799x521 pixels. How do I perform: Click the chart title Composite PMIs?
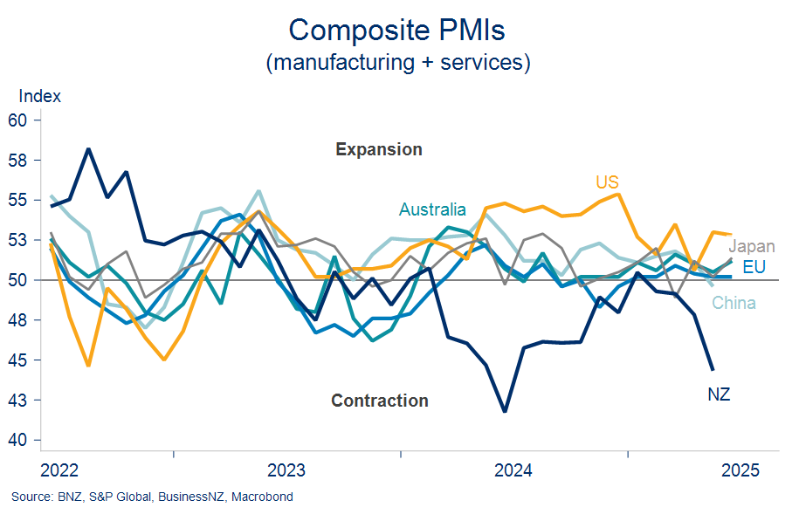pyautogui.click(x=397, y=30)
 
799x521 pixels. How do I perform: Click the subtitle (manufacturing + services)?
pyautogui.click(x=397, y=63)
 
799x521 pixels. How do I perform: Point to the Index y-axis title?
pyautogui.click(x=39, y=96)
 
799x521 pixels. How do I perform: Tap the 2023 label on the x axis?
pyautogui.click(x=286, y=471)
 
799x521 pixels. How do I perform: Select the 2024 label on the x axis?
pyautogui.click(x=513, y=471)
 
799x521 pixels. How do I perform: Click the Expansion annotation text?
pyautogui.click(x=379, y=149)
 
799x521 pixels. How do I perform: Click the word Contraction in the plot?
pyautogui.click(x=380, y=401)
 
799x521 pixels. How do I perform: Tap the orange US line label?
pyautogui.click(x=607, y=182)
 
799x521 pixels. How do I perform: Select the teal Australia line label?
pyautogui.click(x=432, y=209)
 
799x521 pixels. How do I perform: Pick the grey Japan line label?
pyautogui.click(x=751, y=247)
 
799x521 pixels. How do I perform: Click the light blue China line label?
pyautogui.click(x=734, y=304)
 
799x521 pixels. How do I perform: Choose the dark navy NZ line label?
pyautogui.click(x=718, y=395)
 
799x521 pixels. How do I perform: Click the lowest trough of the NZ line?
pyautogui.click(x=505, y=411)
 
